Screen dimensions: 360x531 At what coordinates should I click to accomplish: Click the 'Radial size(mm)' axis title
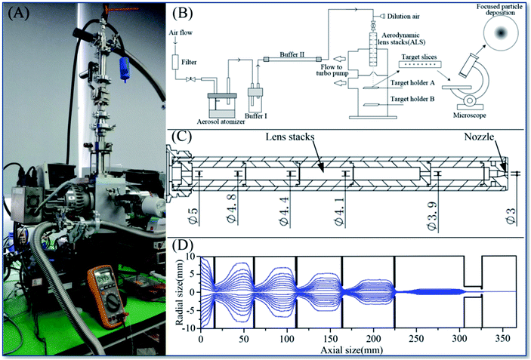point(178,291)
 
